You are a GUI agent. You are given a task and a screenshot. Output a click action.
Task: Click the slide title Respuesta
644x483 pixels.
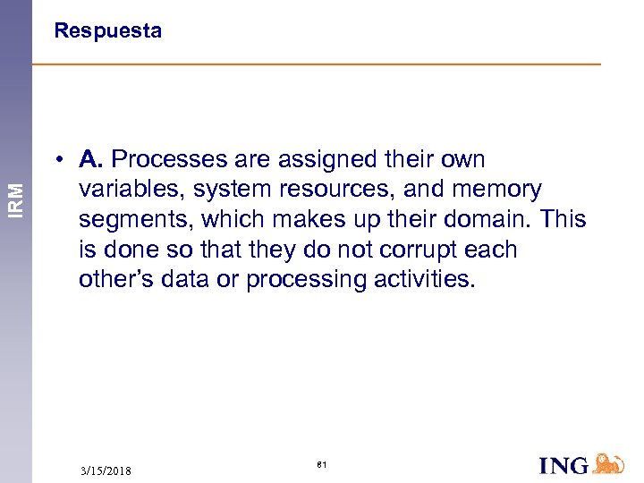pos(107,31)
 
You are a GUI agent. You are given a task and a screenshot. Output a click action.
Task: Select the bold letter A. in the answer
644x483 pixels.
pos(92,160)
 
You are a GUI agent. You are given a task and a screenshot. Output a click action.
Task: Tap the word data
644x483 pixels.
pos(186,279)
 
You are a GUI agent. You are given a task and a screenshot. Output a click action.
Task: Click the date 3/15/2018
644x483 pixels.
pos(106,470)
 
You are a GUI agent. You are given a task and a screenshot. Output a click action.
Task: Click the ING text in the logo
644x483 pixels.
pos(563,465)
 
